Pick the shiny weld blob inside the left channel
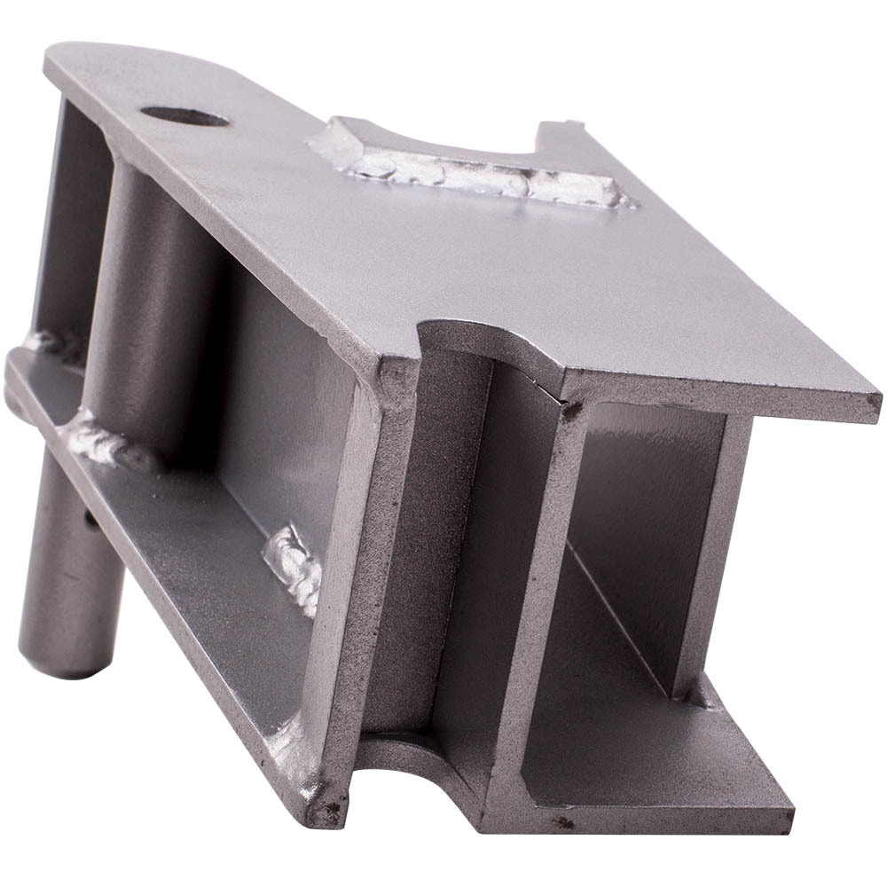293,563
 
